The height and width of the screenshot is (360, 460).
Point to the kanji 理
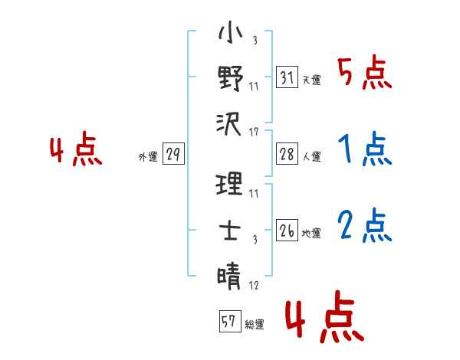coord(230,184)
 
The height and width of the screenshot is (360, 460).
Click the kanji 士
coord(230,229)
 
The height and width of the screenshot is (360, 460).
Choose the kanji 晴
coord(230,274)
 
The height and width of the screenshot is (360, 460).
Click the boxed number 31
coord(287,77)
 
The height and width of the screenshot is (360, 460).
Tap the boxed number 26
coord(287,230)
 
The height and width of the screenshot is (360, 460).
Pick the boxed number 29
coord(173,155)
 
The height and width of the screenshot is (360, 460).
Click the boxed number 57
coord(229,322)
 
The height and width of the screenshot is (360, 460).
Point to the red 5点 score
coord(364,74)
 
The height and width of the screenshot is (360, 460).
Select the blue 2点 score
coord(364,227)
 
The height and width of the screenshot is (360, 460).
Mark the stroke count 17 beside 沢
coord(254,133)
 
